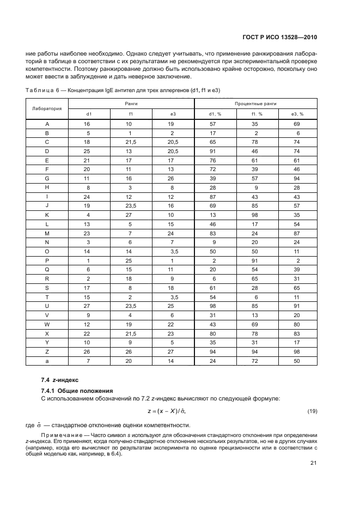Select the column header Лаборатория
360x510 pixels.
[x=47, y=108]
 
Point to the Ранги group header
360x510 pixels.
[x=131, y=103]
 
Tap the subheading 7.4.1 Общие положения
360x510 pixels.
[x=77, y=390]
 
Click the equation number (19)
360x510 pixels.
[x=312, y=411]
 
